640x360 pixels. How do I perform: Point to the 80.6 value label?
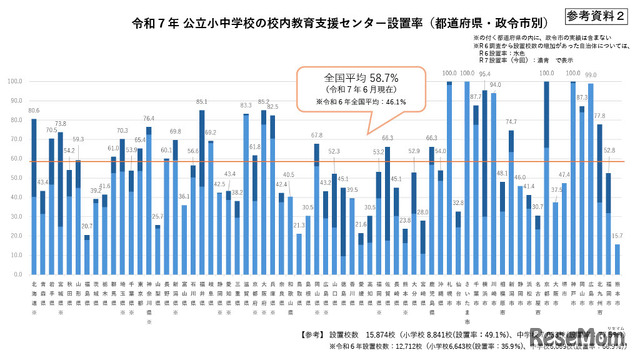(34, 109)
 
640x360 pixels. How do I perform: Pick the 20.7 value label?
(88, 227)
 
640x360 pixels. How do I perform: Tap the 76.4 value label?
(149, 118)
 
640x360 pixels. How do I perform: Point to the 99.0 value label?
(590, 75)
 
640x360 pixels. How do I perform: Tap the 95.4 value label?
(484, 74)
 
